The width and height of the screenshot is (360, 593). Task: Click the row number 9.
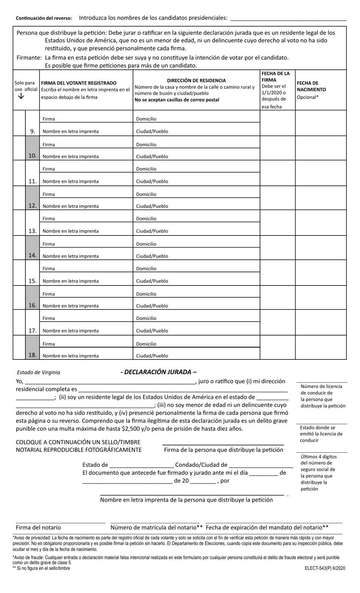[33, 131]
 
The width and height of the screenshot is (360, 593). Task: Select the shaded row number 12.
[33, 206]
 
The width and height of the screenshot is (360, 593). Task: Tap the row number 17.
[33, 331]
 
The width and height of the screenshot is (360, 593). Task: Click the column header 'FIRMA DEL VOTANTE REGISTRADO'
[79, 83]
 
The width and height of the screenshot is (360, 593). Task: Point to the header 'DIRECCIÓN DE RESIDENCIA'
[196, 80]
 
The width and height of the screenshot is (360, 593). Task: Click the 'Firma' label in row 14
[49, 244]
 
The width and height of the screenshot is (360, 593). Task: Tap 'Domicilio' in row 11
[146, 169]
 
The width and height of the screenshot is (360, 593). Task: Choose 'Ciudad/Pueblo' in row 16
[152, 306]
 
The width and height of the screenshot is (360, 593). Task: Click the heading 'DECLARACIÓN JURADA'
[158, 372]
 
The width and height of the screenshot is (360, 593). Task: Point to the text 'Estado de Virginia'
[38, 372]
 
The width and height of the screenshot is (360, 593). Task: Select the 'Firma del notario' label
[38, 527]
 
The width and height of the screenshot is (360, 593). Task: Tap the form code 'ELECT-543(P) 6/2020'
[325, 568]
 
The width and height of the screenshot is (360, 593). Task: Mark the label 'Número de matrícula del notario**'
[157, 527]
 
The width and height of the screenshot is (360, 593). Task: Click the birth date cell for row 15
[321, 272]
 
